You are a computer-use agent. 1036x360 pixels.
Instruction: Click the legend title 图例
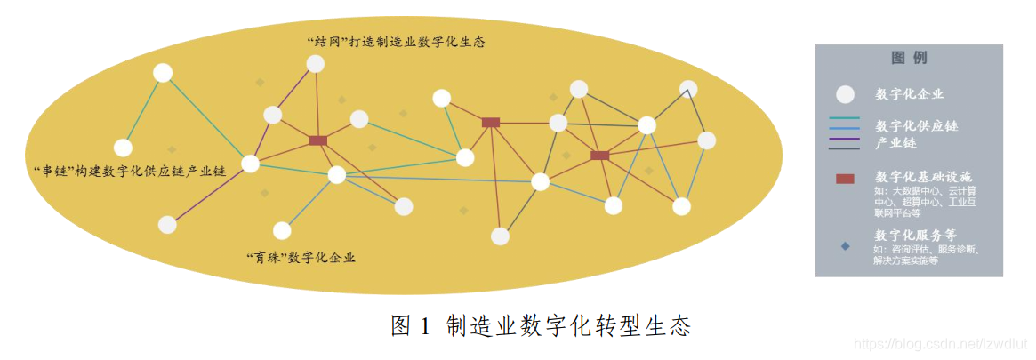pos(909,59)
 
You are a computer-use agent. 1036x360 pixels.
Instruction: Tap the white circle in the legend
pos(845,94)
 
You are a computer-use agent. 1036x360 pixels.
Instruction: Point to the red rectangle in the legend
pos(845,179)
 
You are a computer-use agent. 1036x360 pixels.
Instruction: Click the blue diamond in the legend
pos(845,245)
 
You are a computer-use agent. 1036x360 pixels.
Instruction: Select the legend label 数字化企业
pos(910,94)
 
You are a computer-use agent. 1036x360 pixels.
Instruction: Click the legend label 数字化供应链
pos(916,125)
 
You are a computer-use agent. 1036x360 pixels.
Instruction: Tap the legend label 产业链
pos(895,142)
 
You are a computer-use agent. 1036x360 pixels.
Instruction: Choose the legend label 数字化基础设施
pos(923,176)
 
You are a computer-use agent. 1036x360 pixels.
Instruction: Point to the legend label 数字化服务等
pos(916,236)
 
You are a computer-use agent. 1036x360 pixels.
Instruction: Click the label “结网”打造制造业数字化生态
pos(395,42)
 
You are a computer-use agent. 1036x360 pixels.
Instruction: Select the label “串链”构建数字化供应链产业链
pos(128,170)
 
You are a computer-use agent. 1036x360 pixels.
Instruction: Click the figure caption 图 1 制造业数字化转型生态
pos(541,326)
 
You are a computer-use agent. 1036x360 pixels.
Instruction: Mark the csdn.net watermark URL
pos(941,343)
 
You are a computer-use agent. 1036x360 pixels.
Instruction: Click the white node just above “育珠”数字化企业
pos(282,231)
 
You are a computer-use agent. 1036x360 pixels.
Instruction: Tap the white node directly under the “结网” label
pos(316,64)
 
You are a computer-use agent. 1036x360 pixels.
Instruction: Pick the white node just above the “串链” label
pos(123,148)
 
